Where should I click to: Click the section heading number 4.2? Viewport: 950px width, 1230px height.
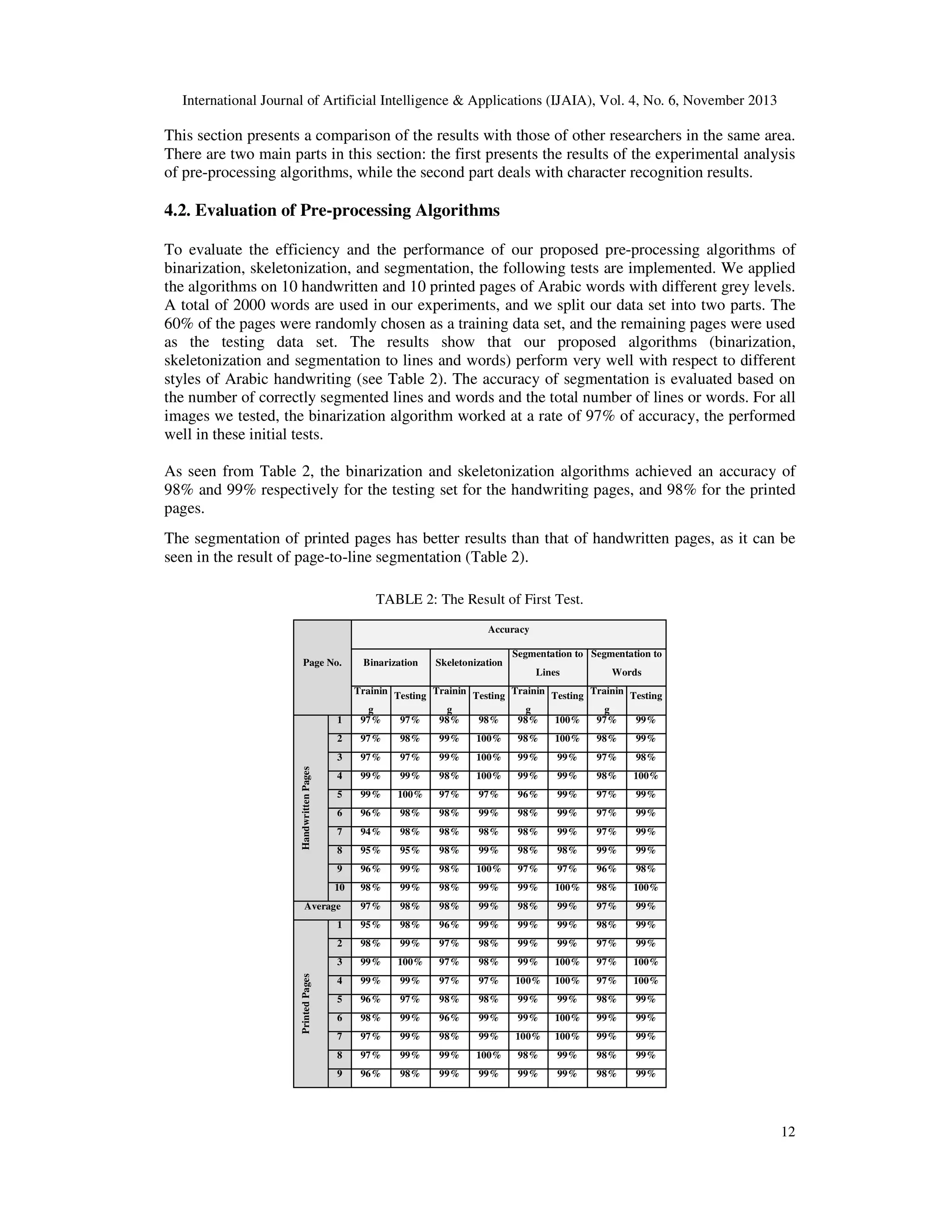[177, 211]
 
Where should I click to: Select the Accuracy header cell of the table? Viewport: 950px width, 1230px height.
[508, 630]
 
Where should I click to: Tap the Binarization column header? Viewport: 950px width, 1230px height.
[391, 662]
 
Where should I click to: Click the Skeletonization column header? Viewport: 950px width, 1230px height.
[469, 662]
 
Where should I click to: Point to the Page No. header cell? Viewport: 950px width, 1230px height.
[322, 662]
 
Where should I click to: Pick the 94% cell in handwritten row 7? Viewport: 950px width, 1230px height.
[370, 832]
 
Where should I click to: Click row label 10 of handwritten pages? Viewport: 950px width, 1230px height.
[340, 887]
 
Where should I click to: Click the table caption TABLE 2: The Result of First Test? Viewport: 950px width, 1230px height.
[479, 599]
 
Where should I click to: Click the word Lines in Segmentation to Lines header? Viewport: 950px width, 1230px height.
[548, 672]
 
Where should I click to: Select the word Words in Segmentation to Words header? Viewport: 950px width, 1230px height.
[626, 672]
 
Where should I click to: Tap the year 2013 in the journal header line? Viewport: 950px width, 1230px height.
[762, 101]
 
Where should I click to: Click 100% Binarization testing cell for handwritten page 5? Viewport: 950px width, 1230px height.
[410, 795]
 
